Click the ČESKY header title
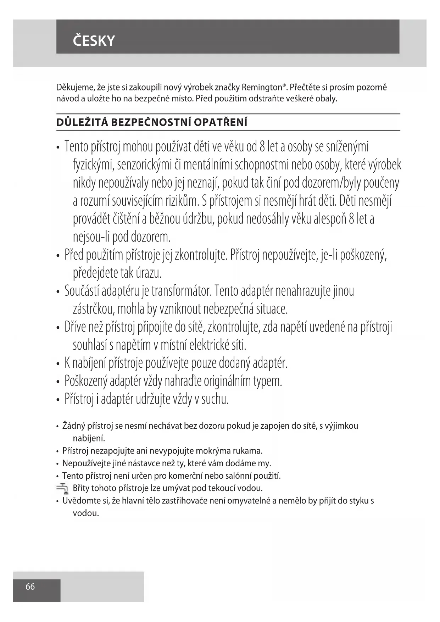94,41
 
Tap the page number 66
30,587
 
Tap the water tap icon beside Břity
63,489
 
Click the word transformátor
181,291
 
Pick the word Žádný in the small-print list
73,426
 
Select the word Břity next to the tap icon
81,488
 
